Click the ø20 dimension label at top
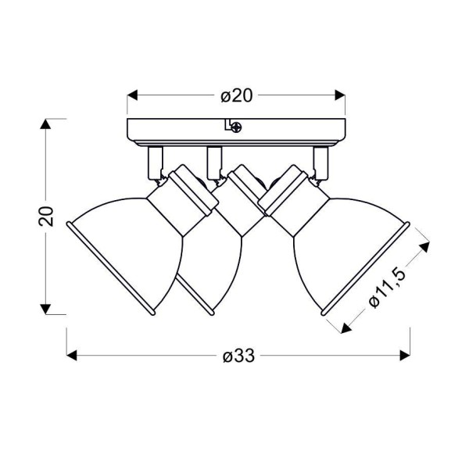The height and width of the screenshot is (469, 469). [237, 95]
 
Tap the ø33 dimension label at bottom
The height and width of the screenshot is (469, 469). [238, 356]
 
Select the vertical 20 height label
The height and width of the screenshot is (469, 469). [46, 216]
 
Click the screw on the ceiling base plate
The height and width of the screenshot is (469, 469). [237, 127]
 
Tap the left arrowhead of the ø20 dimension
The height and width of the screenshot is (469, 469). [132, 95]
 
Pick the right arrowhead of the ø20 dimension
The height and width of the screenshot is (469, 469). [340, 95]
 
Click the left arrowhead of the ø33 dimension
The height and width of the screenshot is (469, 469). [72, 356]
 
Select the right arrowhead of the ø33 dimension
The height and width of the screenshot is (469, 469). [405, 356]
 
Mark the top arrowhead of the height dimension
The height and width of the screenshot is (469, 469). [45, 124]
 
